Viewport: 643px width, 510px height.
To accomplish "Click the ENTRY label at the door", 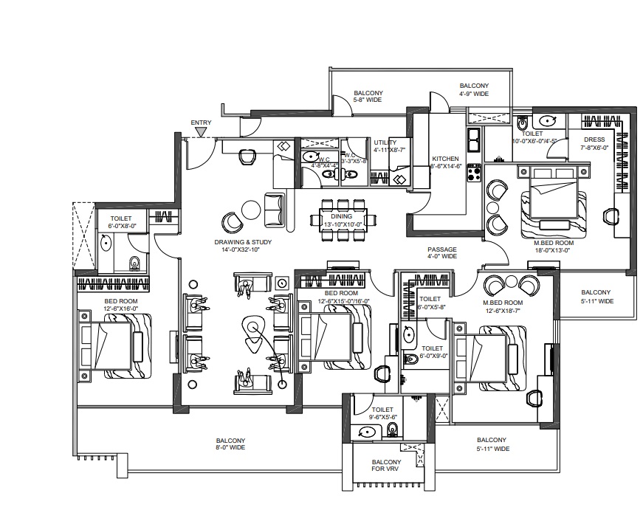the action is tap(201, 123).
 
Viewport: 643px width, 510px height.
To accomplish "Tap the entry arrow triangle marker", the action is tap(201, 133).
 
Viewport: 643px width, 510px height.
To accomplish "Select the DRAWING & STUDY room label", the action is tap(238, 246).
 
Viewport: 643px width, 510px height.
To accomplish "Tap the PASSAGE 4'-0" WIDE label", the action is tap(441, 253).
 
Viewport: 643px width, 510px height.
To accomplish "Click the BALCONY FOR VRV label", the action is tap(387, 466).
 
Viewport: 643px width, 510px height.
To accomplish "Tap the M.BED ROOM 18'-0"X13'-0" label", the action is tap(554, 246).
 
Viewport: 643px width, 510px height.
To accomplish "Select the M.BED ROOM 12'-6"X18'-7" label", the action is tap(502, 306).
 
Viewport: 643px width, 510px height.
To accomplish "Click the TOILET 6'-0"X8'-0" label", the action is tap(121, 223).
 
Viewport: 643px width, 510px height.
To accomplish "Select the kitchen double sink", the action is tap(473, 137).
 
